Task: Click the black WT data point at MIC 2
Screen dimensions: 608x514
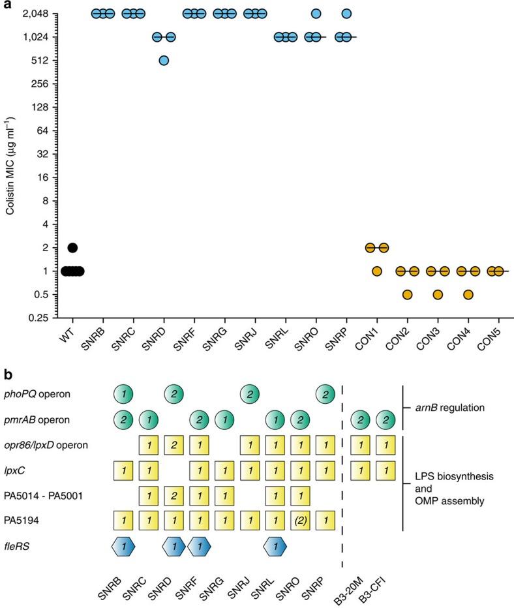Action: click(x=72, y=248)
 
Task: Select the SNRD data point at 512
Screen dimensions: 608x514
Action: click(x=164, y=61)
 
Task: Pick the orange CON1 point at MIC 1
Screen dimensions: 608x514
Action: click(x=376, y=271)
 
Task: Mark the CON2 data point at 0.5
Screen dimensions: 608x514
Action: click(x=407, y=295)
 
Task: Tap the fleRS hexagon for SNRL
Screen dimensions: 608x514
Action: click(x=275, y=546)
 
